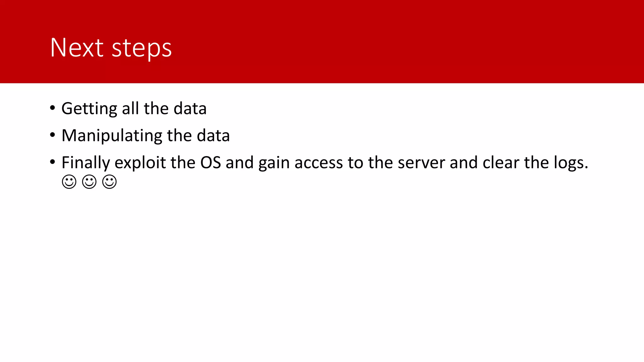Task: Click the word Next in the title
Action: (x=77, y=48)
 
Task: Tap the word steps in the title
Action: (x=142, y=49)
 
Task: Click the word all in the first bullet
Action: (x=130, y=108)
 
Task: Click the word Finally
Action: (x=86, y=163)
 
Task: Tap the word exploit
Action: (x=140, y=163)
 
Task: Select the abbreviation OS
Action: (x=211, y=163)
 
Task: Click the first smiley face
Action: (x=69, y=182)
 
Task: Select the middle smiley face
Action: (x=89, y=182)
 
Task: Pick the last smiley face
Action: (x=109, y=182)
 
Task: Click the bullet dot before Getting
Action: (x=53, y=108)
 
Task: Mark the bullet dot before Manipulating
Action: (x=53, y=135)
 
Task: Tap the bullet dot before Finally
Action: (x=53, y=162)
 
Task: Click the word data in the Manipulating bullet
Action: (x=213, y=136)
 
